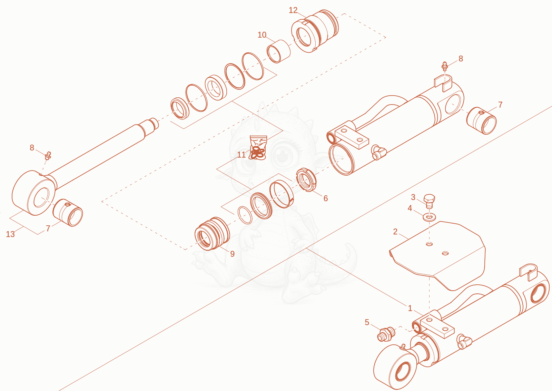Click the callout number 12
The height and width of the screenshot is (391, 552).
click(293, 10)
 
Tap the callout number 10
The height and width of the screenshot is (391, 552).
click(262, 35)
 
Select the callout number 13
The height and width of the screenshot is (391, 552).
click(10, 234)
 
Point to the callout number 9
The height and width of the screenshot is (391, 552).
click(232, 254)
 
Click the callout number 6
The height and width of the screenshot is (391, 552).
click(326, 198)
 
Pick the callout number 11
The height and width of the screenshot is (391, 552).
click(241, 155)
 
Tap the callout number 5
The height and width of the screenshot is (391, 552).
click(367, 322)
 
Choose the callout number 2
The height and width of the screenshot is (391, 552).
click(395, 232)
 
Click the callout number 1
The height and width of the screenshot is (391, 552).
click(410, 308)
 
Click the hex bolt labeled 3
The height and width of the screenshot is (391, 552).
click(429, 201)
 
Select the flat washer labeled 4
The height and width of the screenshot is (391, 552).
click(429, 217)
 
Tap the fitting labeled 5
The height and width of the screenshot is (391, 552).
click(386, 334)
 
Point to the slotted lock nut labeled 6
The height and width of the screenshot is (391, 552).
click(306, 180)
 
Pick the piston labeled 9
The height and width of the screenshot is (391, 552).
click(212, 234)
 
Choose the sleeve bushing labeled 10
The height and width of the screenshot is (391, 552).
click(278, 51)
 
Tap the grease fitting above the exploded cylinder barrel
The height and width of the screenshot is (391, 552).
click(445, 66)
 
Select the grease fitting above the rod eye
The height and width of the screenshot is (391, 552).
click(48, 156)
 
